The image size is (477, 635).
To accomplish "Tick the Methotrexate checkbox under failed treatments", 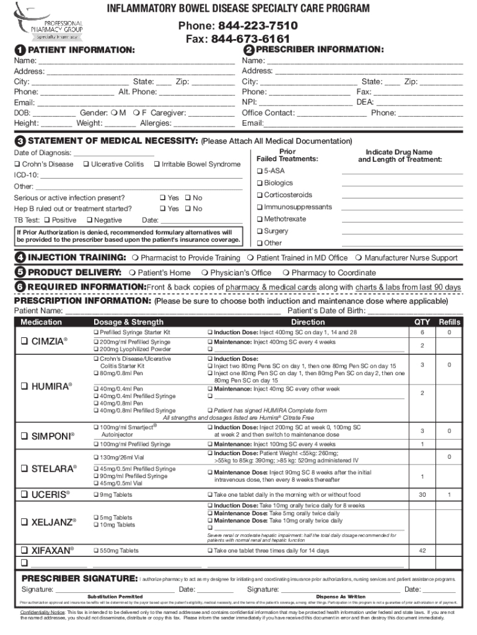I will click(260, 220).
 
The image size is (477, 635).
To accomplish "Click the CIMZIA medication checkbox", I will click(24, 342).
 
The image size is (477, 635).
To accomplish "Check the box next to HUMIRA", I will click(24, 386).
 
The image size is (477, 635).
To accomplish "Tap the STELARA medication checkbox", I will click(24, 469).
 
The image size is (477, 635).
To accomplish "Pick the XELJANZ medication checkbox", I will click(24, 522).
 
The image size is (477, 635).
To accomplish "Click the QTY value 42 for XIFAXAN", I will click(422, 551).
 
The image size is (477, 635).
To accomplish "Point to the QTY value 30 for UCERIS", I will click(422, 495).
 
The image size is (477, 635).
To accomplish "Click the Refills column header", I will click(450, 322).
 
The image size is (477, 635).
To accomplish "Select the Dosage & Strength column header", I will click(128, 322).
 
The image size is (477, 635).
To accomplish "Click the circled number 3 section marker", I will click(20, 141).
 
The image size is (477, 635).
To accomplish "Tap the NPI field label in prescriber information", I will click(249, 102).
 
